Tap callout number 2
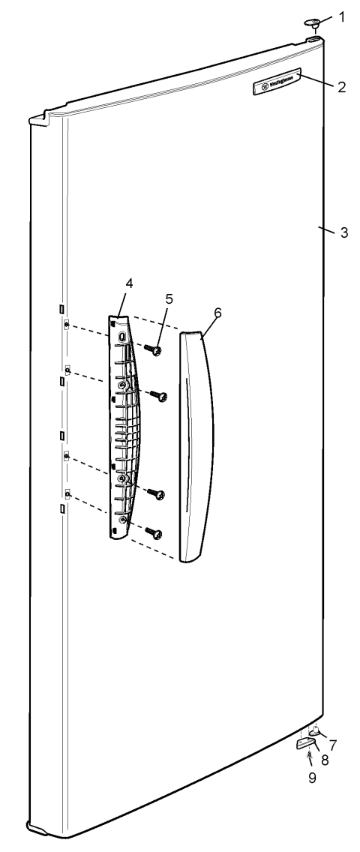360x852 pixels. [x=341, y=87]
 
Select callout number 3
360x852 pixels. [x=343, y=232]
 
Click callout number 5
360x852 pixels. [x=169, y=298]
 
